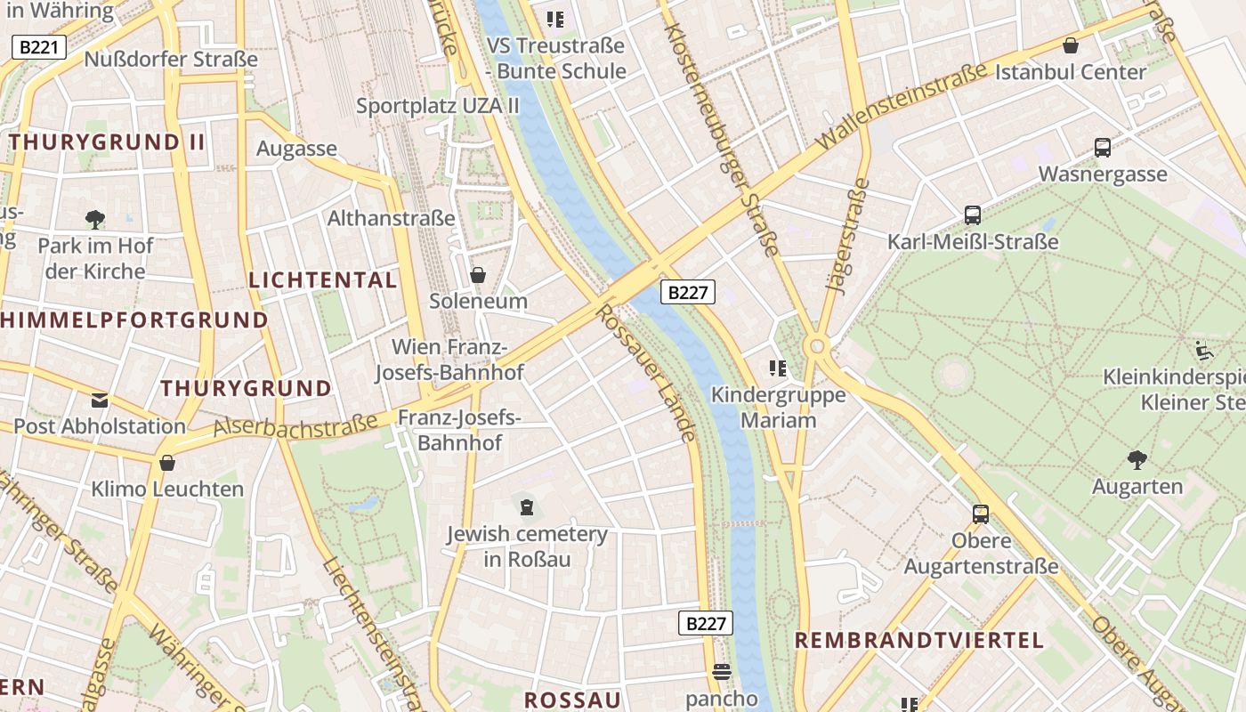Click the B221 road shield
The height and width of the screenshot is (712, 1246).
(x=39, y=47)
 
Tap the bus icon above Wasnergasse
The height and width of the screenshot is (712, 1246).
(x=1102, y=148)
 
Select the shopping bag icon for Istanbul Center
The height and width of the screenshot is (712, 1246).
(x=1071, y=45)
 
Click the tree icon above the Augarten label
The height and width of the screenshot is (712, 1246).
(x=1137, y=460)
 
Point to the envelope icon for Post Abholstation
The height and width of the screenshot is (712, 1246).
(x=100, y=400)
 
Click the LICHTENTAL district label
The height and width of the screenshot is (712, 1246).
(x=323, y=279)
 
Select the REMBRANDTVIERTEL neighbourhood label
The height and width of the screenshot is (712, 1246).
(x=918, y=640)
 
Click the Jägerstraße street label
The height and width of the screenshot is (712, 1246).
(x=847, y=236)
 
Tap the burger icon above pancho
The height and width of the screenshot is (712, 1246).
(x=721, y=672)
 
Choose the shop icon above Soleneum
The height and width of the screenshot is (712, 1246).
(x=478, y=275)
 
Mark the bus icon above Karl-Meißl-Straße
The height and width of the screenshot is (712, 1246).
(x=972, y=215)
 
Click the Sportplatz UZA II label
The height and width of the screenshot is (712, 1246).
(x=438, y=106)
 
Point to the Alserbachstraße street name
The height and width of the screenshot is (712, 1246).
(x=295, y=426)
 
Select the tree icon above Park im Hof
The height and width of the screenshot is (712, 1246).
(x=94, y=219)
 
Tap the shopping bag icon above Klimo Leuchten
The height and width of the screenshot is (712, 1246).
(x=167, y=463)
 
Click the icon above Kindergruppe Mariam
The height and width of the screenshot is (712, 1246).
(x=778, y=368)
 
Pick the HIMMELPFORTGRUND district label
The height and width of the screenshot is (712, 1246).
(x=134, y=320)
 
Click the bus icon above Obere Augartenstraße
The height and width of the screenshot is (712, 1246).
(x=980, y=514)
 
